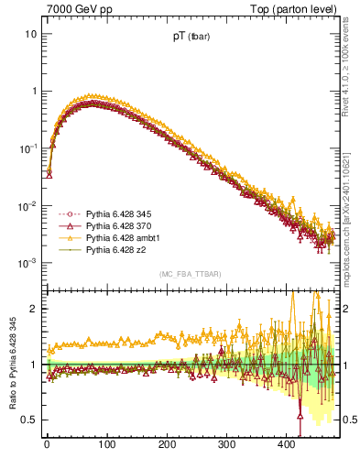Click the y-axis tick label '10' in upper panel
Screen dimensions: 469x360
coord(30,34)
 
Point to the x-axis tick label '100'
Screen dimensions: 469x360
coord(106,445)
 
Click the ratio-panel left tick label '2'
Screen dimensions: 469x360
coord(34,309)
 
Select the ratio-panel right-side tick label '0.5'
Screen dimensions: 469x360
coord(351,420)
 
